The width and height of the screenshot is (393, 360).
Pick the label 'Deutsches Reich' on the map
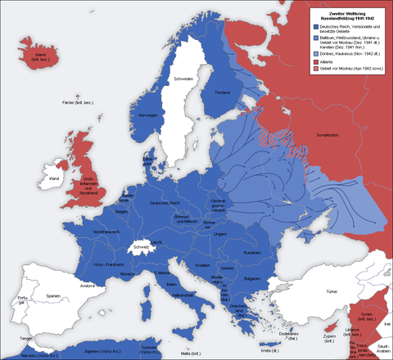coord(165,202)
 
